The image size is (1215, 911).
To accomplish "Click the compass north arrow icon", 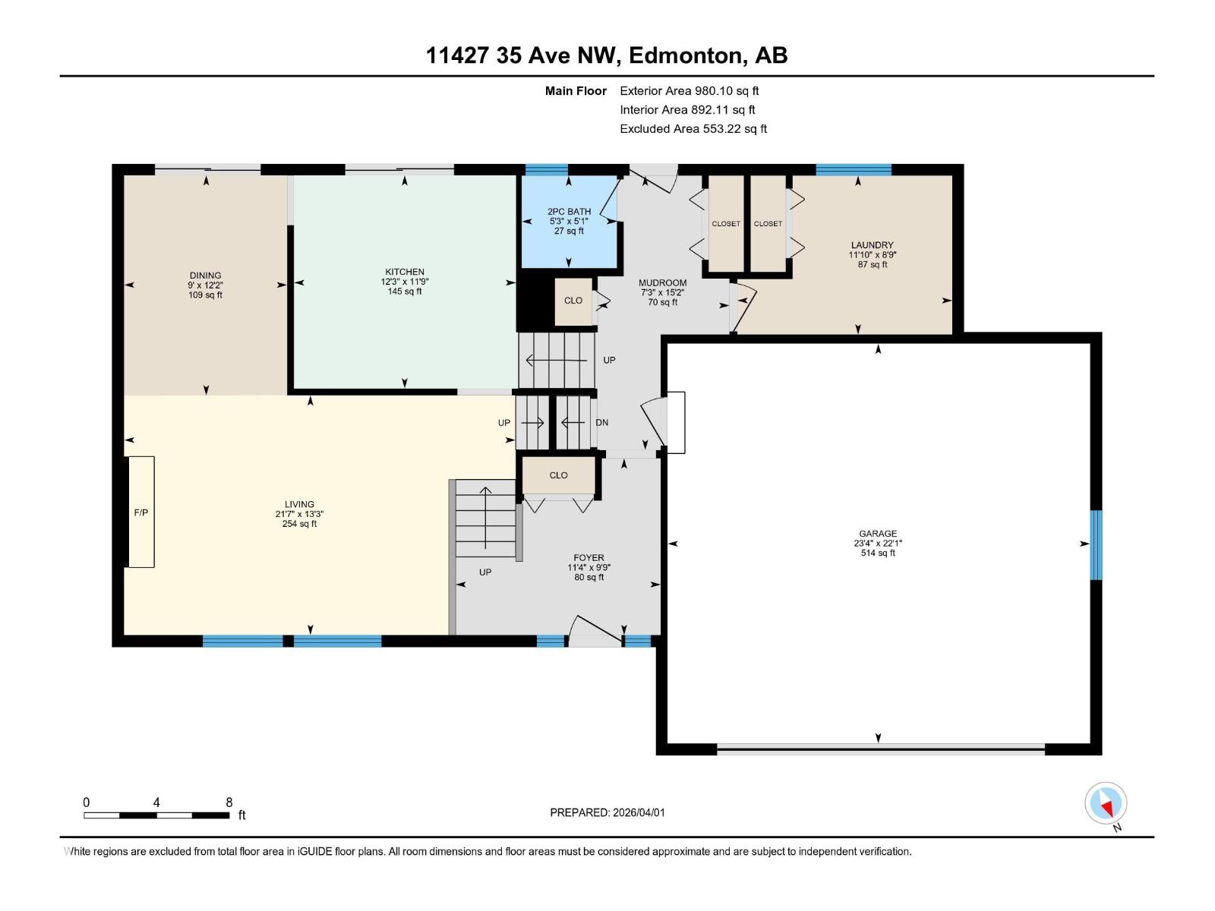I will point(1106,803).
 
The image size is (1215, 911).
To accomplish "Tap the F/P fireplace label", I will point(141,513).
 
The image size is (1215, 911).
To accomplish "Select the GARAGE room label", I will point(878,534).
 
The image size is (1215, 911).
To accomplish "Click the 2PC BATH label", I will point(569,212).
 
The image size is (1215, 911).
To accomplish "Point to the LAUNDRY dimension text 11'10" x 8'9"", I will point(873,255).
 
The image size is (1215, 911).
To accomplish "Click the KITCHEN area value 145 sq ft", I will point(404,292).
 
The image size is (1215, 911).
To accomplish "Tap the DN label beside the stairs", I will point(601,423).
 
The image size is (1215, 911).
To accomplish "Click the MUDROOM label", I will point(662,283).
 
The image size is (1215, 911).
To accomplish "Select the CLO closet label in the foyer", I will point(558,475).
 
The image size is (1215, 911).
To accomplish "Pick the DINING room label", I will point(205,276).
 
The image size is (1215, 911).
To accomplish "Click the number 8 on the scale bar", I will point(229,802).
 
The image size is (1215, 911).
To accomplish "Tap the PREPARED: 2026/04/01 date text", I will point(607,812).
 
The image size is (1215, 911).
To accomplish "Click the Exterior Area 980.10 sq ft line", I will point(689,91).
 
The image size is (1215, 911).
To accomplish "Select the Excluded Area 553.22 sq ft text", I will point(693,129).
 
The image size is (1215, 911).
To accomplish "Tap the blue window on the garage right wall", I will point(1096,544).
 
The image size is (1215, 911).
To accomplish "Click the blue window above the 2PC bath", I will point(547,169).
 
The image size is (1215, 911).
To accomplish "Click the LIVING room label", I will point(299,504).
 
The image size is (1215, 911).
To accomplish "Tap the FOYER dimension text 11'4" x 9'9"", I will point(589,568).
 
